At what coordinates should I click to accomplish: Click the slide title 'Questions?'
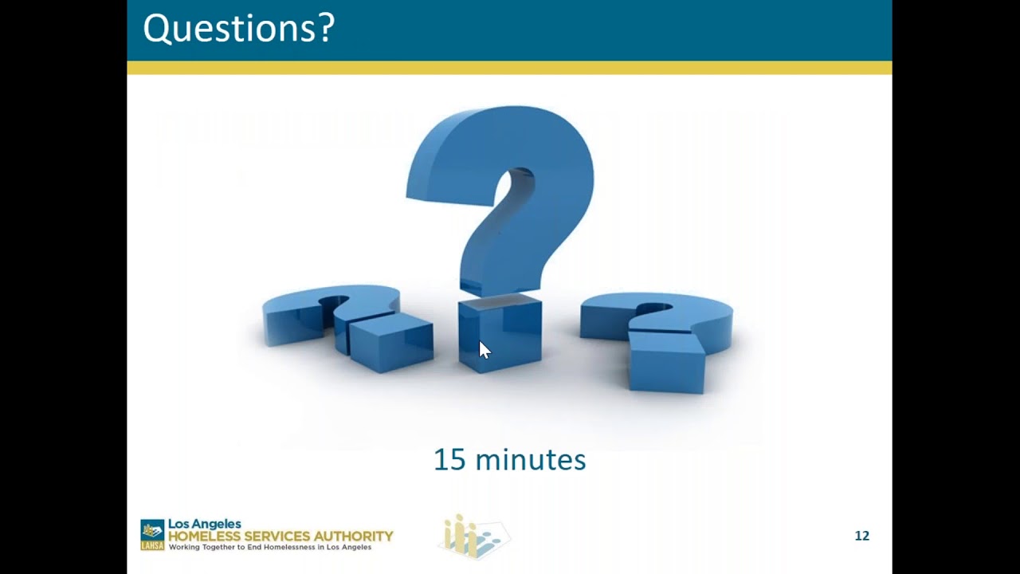(238, 29)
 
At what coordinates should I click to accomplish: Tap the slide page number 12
(861, 536)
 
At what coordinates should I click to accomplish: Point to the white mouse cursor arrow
(484, 350)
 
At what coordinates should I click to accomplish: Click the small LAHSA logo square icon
(152, 535)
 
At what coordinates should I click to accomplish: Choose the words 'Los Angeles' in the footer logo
(204, 524)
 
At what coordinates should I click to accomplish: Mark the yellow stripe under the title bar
(509, 68)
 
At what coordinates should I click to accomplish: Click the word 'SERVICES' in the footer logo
(276, 536)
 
